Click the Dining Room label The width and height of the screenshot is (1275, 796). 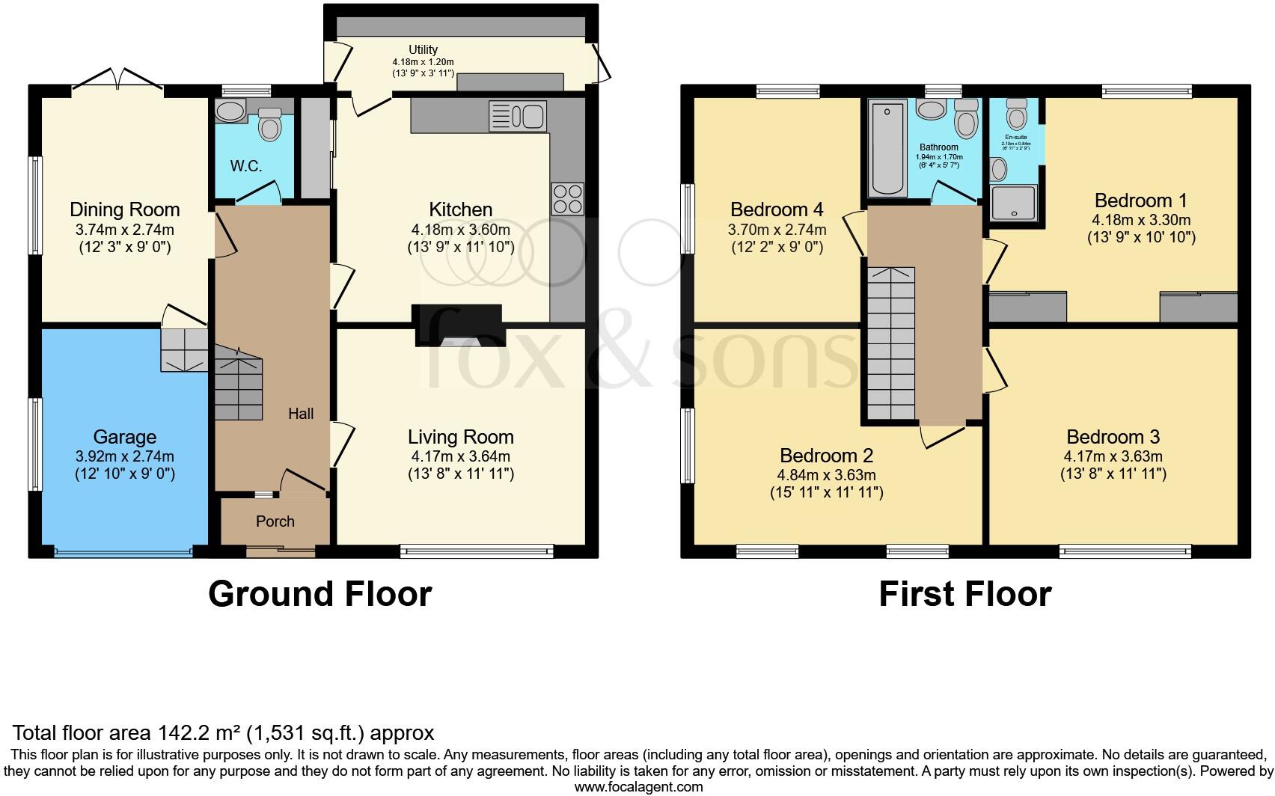(125, 209)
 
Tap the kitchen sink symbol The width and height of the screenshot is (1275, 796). (517, 117)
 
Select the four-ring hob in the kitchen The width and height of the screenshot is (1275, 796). (567, 198)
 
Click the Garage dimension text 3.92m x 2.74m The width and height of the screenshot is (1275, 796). (125, 456)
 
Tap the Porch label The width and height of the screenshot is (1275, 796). (275, 521)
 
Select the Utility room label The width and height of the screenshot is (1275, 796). (423, 49)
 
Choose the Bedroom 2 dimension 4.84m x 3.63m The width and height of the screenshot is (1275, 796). (826, 475)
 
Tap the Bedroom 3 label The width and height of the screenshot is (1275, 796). (1113, 437)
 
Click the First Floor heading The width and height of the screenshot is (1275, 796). (964, 594)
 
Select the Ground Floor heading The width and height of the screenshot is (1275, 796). (319, 594)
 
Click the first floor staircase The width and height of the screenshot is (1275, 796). (891, 344)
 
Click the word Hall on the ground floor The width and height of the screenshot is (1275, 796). (301, 414)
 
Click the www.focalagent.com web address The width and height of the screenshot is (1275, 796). (638, 787)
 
